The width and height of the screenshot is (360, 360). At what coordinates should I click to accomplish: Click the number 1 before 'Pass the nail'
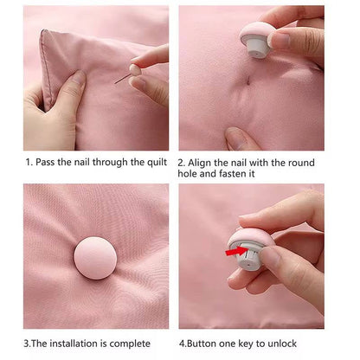pyautogui.click(x=28, y=162)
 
